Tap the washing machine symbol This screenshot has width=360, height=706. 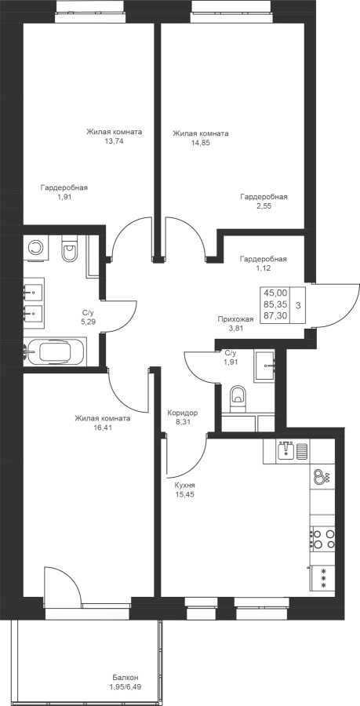[35, 247]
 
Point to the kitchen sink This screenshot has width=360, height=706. [285, 450]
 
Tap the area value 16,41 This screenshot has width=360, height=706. [103, 428]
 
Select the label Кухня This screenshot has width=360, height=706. [184, 486]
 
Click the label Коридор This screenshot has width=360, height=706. [182, 413]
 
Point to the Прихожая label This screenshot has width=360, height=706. [235, 319]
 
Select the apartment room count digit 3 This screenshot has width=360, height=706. [298, 305]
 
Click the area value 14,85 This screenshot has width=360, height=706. [200, 143]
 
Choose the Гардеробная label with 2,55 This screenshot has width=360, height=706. [264, 197]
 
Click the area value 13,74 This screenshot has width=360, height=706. [114, 141]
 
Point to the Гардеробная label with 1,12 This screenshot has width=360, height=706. [264, 259]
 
